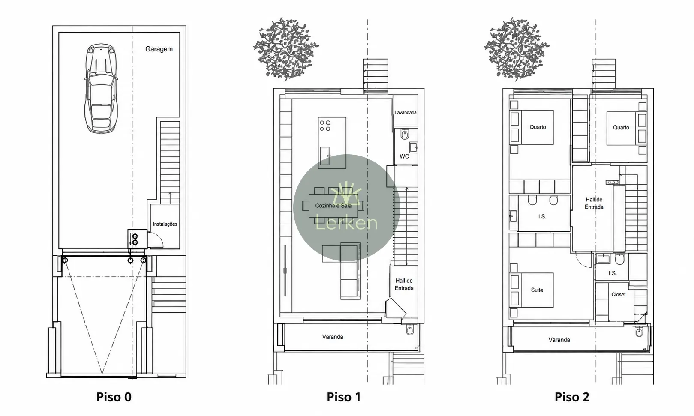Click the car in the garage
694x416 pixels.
coord(101,89)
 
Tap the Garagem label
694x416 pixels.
coord(159,49)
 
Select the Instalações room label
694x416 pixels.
coord(165,224)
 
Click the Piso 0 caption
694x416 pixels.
coord(114,397)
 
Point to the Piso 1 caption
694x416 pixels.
coord(344,397)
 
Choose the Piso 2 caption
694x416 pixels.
coord(572,397)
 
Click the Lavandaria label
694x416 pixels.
coord(405,112)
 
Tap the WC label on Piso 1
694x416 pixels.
coord(404,156)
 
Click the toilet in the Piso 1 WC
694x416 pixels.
coord(405,135)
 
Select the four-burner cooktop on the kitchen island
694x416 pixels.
coord(325,126)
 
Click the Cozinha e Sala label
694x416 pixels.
coord(333,205)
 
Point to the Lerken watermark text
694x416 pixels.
coord(347,223)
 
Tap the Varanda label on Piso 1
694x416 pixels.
coord(333,337)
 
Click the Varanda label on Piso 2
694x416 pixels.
coord(559,340)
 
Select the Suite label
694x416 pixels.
coord(537,290)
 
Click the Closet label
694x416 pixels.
coord(619,295)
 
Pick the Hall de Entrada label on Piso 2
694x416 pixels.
coord(594,203)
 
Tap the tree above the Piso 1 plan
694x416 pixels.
coord(286,49)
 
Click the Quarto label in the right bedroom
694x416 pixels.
coord(621,127)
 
